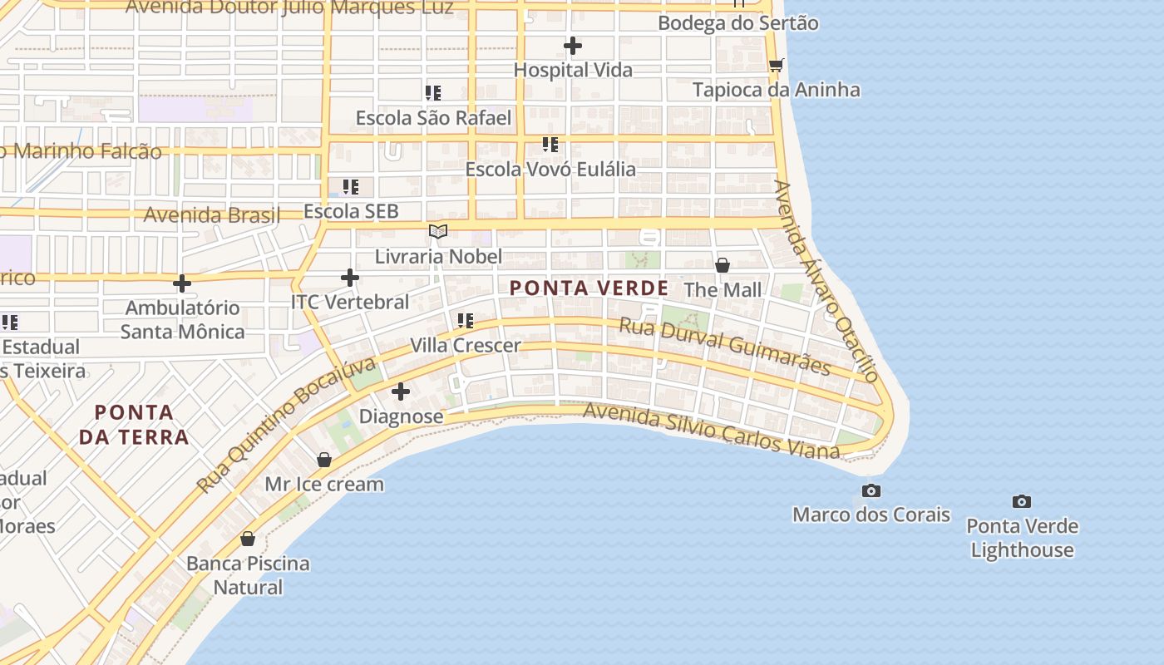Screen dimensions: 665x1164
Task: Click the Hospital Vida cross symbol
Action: tap(573, 46)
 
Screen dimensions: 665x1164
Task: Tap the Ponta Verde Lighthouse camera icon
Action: tap(1022, 501)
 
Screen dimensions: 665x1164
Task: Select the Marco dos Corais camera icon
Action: tap(871, 490)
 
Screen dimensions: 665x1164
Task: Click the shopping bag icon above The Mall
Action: tap(723, 265)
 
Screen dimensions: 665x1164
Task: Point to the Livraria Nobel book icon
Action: tap(438, 231)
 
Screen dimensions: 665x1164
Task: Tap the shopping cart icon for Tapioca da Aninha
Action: tap(776, 65)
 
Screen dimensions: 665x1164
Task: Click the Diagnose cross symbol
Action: tap(401, 391)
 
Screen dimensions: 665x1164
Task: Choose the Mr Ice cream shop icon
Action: tap(324, 460)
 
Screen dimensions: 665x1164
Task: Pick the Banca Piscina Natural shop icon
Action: tap(248, 539)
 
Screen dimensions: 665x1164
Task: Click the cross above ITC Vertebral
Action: tap(350, 278)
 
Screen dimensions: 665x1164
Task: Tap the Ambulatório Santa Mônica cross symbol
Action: tap(182, 283)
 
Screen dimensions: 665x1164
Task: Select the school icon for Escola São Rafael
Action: tap(433, 93)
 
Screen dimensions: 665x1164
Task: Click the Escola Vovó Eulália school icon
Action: tap(550, 145)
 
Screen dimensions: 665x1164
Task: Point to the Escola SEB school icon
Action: tap(351, 187)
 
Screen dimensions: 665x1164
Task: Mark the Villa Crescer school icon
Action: tap(466, 320)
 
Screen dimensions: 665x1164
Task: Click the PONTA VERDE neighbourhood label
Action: tap(589, 288)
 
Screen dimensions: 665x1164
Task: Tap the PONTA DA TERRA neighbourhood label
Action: tap(134, 424)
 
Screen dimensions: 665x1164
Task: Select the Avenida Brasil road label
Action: tap(211, 214)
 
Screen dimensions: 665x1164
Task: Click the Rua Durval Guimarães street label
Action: tap(724, 345)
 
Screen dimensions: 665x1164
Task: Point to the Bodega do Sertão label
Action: tap(737, 23)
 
